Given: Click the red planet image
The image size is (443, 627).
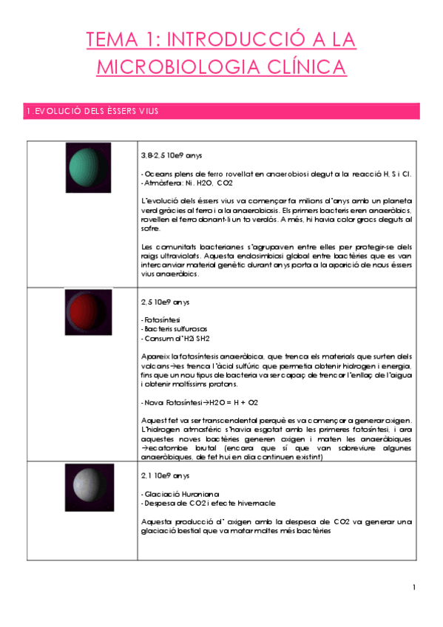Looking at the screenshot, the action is click(x=87, y=315).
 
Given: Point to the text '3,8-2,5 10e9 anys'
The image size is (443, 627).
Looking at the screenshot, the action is click(x=171, y=157).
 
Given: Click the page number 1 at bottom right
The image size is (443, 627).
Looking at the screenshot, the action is click(x=415, y=588).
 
